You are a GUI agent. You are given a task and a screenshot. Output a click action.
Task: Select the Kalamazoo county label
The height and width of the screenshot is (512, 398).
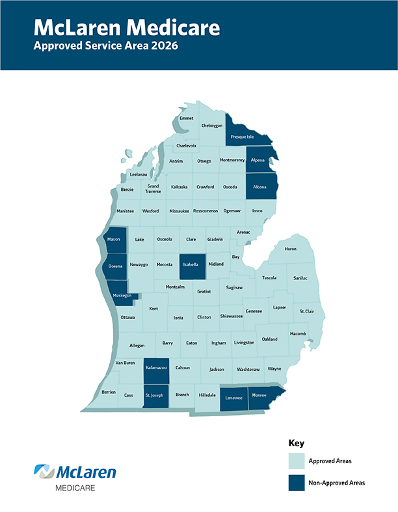[156, 368]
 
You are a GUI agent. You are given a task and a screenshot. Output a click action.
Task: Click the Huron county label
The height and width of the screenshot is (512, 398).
[290, 248]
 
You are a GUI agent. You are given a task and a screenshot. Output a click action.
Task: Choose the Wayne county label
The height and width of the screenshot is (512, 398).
[274, 369]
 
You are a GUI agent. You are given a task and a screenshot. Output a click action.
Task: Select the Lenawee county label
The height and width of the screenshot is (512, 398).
[232, 396]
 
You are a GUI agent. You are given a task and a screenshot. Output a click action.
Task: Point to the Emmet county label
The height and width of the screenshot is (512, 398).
[187, 118]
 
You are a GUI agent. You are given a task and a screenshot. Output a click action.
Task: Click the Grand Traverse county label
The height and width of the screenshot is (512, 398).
[153, 188]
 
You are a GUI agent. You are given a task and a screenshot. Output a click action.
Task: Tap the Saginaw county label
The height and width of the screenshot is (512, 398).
[234, 287]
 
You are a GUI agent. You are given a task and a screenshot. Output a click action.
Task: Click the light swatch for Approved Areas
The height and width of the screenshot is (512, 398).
[298, 461]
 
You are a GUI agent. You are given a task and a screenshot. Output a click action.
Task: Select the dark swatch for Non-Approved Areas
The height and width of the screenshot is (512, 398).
[298, 483]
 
